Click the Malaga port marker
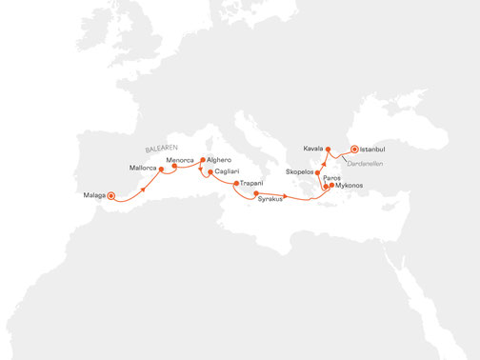coord(111,195)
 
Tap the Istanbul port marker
coord(353,150)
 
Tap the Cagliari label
coord(227,170)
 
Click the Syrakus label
coord(270,199)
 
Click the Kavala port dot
coord(328,150)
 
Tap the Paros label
coord(332,178)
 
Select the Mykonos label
coord(349,186)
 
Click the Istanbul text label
coord(374,150)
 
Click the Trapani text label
coord(252,182)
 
